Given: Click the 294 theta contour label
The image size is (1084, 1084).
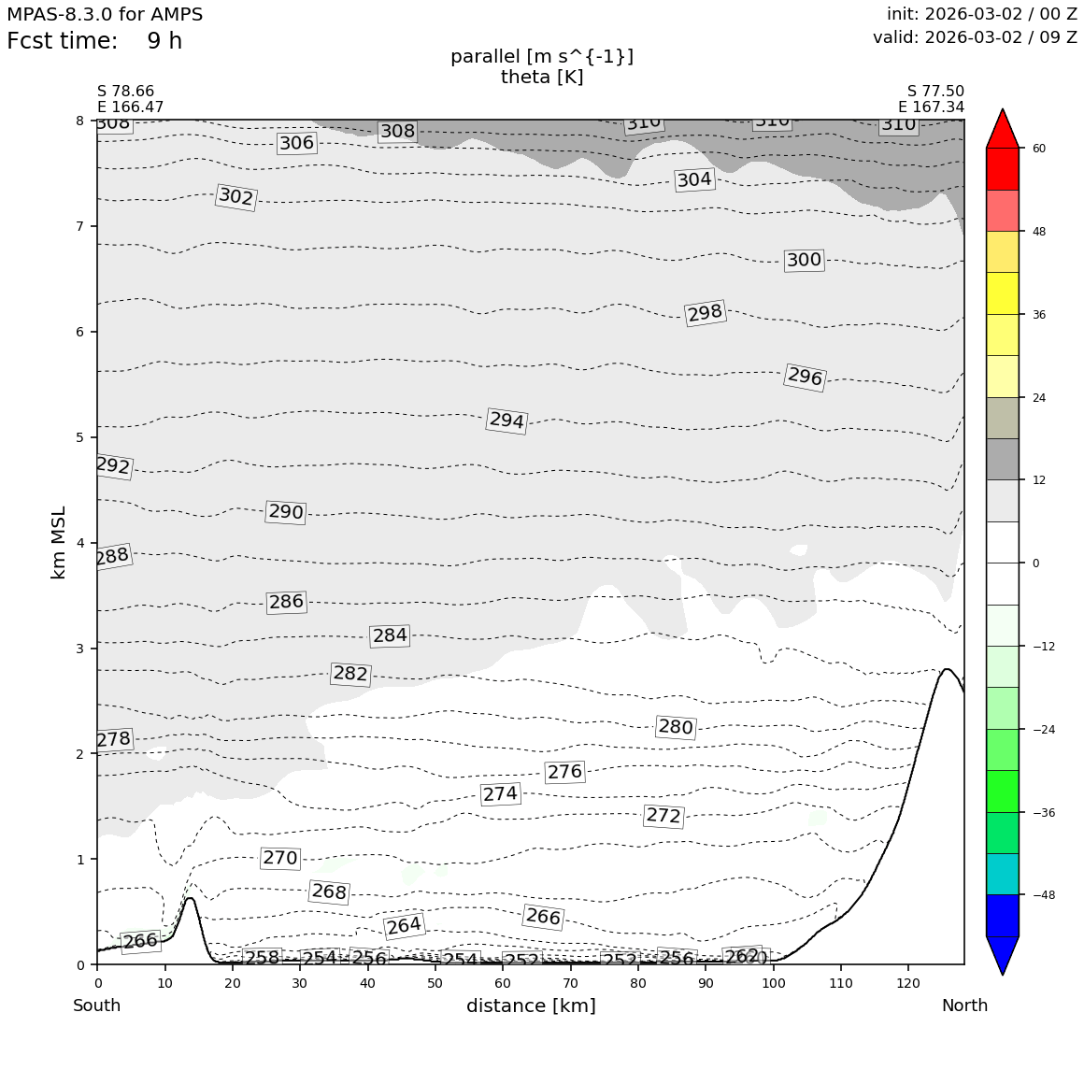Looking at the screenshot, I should (x=506, y=421).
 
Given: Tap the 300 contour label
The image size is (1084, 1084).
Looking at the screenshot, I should (x=804, y=260).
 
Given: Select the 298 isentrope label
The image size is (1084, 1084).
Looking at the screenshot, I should (x=705, y=313).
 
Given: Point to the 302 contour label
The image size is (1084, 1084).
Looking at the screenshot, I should (x=235, y=196).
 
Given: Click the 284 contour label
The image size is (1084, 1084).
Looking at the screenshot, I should (x=390, y=635).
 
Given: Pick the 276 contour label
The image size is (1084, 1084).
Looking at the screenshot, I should (x=564, y=772).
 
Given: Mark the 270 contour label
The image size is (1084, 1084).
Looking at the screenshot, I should (x=280, y=858).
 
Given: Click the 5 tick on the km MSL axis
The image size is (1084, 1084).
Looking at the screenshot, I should (x=80, y=437).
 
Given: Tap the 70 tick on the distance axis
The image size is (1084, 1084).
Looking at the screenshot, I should (x=570, y=983).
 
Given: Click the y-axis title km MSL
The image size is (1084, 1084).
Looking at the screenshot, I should (x=59, y=542).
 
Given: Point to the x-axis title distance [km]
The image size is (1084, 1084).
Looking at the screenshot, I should (x=531, y=1006).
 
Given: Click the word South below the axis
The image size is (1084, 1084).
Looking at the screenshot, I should (x=97, y=1006).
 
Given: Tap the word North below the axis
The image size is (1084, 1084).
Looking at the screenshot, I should (x=964, y=1006).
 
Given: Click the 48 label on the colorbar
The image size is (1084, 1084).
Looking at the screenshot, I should (x=1038, y=232).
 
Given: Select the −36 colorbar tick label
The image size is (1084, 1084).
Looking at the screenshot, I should (x=1042, y=812).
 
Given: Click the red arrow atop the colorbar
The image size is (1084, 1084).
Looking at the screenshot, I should (x=1003, y=129).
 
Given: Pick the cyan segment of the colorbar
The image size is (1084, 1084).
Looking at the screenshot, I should (x=1003, y=874).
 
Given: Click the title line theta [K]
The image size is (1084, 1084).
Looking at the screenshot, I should (x=542, y=77).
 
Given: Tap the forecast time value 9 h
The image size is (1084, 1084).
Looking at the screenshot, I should (x=164, y=41).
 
